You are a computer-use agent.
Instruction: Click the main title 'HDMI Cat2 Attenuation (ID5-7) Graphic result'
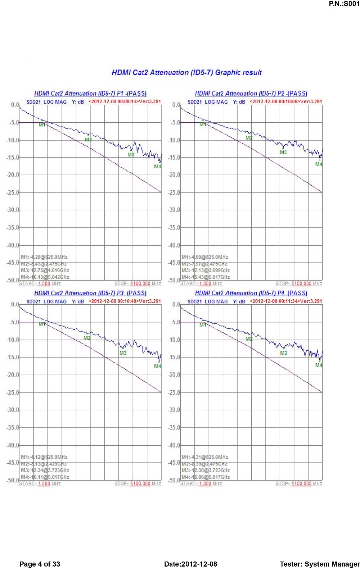[x=186, y=73]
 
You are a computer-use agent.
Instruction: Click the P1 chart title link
[x=90, y=94]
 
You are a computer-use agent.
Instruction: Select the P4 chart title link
[x=251, y=293]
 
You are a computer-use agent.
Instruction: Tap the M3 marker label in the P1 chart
[x=131, y=155]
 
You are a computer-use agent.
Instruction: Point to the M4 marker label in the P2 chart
[x=319, y=164]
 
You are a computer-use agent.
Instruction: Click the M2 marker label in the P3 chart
[x=87, y=338]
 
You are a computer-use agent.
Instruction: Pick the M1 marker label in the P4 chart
[x=203, y=325]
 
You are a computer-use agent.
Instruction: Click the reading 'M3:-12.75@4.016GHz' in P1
[x=45, y=271]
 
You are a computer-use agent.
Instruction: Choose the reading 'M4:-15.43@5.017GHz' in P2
[x=206, y=277]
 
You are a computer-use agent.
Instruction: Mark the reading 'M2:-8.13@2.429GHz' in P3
[x=44, y=464]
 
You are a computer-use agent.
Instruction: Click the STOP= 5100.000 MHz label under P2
[x=299, y=283]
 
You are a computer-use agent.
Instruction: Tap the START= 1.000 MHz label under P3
[x=40, y=483]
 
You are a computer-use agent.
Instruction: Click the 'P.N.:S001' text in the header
[x=344, y=4]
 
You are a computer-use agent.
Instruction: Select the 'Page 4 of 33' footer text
[x=40, y=564]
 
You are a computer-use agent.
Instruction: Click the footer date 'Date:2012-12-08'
[x=190, y=564]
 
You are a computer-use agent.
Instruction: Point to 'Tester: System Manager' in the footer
[x=320, y=564]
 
